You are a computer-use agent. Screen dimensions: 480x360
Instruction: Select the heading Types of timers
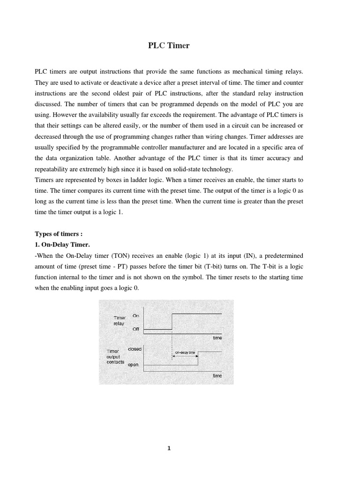point(59,234)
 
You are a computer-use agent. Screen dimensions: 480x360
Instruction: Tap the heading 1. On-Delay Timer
point(62,245)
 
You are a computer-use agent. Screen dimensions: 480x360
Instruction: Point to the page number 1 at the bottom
point(169,448)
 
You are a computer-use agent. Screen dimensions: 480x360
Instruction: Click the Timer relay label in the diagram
point(119,321)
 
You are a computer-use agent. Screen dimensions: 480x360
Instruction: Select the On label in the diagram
point(136,316)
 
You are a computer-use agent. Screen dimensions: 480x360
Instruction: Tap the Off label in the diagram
point(136,329)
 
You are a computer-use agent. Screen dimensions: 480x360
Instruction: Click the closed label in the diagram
point(135,349)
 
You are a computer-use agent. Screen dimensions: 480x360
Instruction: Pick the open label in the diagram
point(133,365)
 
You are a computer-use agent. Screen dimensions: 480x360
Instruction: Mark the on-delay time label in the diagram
point(185,352)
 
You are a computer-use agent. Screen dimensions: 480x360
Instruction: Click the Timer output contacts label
point(115,356)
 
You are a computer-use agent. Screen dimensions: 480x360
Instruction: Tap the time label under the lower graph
point(217,375)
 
